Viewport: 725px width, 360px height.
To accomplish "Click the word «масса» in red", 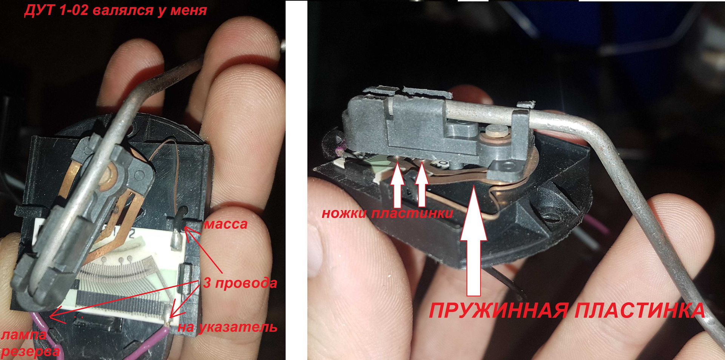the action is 226,224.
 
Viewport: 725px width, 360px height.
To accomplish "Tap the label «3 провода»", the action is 240,283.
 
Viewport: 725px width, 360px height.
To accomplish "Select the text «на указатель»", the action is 227,327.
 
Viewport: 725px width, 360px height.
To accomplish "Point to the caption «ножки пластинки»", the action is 387,214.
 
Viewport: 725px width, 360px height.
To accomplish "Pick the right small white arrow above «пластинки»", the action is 422,187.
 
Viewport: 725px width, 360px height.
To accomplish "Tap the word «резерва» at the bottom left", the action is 31,352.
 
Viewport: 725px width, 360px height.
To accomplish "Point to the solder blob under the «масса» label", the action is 176,240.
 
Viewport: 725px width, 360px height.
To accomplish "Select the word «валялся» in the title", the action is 123,11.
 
